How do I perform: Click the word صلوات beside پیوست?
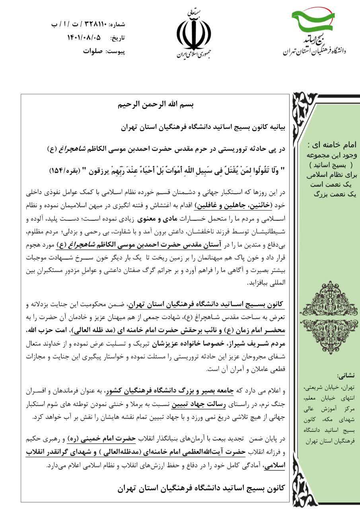92,51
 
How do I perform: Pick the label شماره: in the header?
117,24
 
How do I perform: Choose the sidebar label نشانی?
347,375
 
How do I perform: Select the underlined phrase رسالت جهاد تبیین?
192,407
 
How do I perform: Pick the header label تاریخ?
117,38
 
